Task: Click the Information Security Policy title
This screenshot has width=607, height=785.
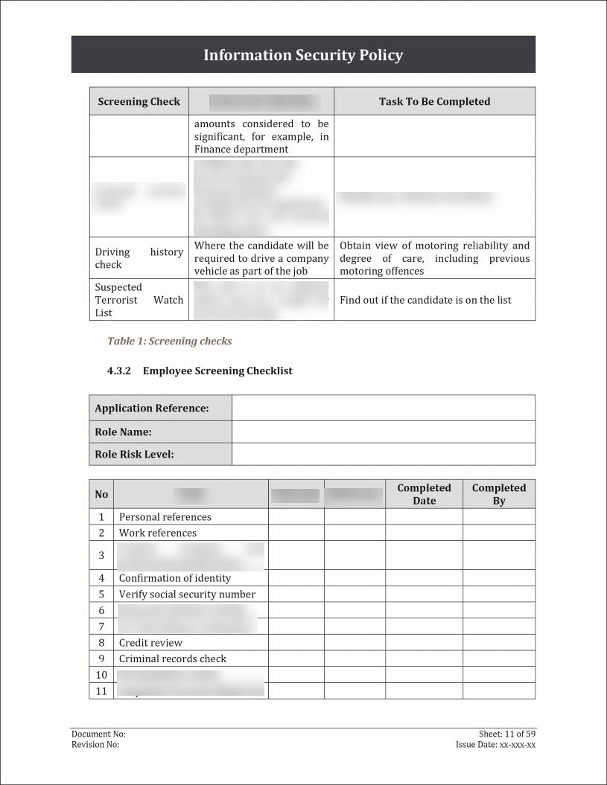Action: pyautogui.click(x=303, y=55)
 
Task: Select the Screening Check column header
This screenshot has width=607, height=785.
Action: pyautogui.click(x=139, y=101)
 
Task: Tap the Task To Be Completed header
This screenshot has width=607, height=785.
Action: pyautogui.click(x=434, y=101)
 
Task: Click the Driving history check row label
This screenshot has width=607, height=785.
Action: pyautogui.click(x=139, y=258)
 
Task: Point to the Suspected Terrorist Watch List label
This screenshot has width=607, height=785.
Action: pyautogui.click(x=139, y=300)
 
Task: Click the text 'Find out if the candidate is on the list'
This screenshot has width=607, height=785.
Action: pyautogui.click(x=425, y=300)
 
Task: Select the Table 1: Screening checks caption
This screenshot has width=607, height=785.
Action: pyautogui.click(x=169, y=341)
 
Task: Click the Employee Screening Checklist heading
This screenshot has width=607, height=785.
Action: pyautogui.click(x=217, y=371)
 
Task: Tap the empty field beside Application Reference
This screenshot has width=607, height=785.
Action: pyautogui.click(x=383, y=408)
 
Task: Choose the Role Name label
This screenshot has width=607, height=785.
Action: pyautogui.click(x=123, y=432)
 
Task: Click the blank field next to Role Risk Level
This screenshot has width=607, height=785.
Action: pyautogui.click(x=383, y=454)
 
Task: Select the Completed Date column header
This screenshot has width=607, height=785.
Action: pyautogui.click(x=424, y=494)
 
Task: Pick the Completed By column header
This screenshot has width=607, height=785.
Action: pyautogui.click(x=498, y=494)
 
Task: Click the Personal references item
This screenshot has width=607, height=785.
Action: pyautogui.click(x=165, y=516)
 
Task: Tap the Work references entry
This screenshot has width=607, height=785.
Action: pyautogui.click(x=158, y=533)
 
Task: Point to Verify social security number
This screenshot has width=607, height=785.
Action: pyautogui.click(x=187, y=594)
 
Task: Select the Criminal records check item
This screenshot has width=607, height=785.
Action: pyautogui.click(x=173, y=659)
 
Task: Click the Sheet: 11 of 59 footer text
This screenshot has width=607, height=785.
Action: pyautogui.click(x=506, y=734)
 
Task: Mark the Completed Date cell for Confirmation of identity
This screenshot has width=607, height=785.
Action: pyautogui.click(x=424, y=577)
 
